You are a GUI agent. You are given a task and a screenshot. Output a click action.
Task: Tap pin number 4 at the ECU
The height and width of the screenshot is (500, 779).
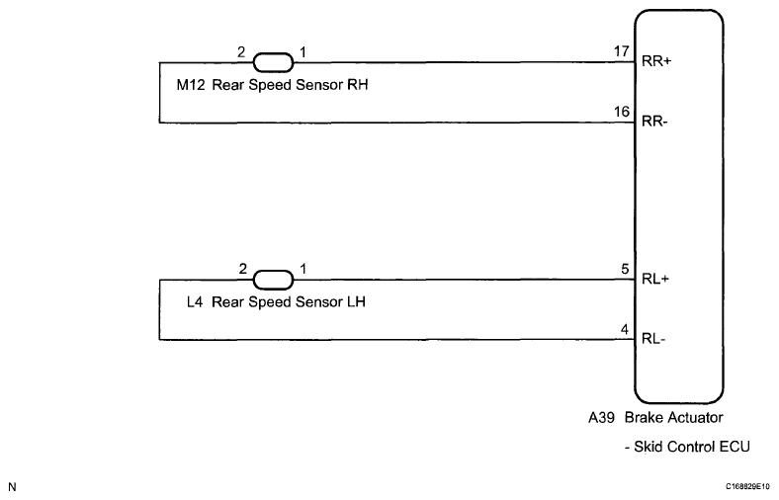coord(625,329)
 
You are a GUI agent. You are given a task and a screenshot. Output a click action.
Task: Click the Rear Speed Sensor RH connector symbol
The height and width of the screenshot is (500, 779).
coord(274,62)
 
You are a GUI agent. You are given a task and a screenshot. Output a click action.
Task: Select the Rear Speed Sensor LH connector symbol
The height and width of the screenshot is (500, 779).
coord(274,280)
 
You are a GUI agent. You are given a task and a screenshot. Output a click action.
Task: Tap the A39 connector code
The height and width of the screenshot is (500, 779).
coord(600,419)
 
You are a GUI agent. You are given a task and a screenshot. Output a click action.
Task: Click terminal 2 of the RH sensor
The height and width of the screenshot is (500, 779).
coord(239,49)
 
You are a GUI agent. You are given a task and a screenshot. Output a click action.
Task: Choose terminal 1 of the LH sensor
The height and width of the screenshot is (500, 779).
coord(303,268)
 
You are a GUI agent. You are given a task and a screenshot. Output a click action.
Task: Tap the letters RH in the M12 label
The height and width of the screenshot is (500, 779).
coord(360,86)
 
